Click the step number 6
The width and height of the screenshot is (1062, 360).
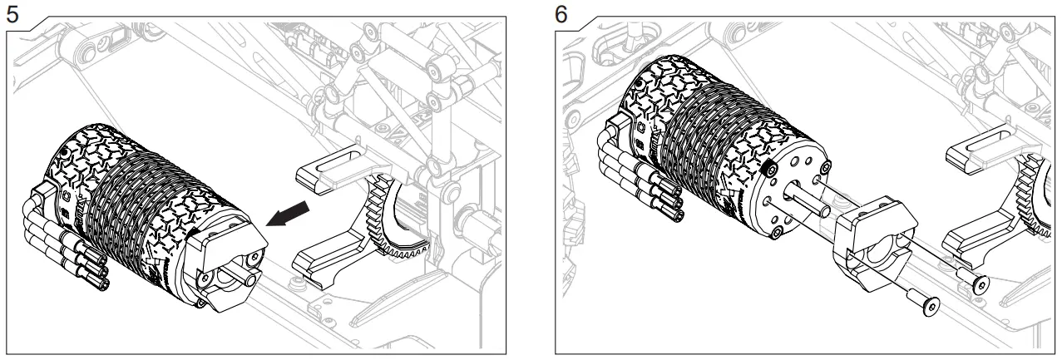tap(562, 13)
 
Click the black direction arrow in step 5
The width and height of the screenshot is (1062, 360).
tap(290, 213)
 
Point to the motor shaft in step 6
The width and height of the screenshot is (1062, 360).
tap(803, 200)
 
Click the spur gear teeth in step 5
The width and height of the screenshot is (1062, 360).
tap(391, 241)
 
